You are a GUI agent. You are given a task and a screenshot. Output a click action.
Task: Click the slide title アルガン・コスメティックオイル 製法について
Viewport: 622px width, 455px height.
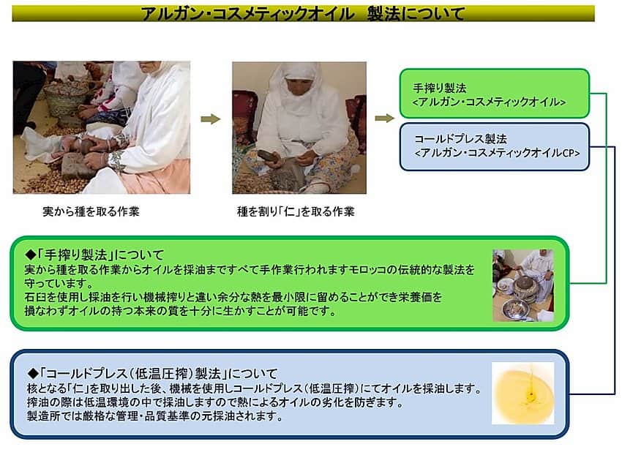[303, 14]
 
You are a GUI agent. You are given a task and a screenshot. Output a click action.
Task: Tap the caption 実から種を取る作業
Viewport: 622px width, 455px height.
[91, 211]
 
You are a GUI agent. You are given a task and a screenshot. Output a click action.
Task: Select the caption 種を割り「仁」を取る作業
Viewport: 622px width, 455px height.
[296, 211]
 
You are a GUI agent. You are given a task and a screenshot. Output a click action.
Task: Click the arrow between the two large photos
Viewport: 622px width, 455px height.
[211, 119]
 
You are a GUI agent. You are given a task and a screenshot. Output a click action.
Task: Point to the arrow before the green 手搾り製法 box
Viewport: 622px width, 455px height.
[384, 118]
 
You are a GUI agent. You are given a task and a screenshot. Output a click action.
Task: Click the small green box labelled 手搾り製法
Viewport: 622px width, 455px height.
[494, 94]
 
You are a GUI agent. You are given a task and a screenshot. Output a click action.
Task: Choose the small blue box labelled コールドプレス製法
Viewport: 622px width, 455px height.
[494, 147]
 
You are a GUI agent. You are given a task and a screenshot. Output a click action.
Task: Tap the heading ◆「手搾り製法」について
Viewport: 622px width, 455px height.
[94, 255]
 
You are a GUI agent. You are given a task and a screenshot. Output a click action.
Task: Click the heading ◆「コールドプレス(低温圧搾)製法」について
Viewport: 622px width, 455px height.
[152, 373]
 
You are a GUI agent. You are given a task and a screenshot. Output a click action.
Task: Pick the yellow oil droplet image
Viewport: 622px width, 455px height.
[522, 393]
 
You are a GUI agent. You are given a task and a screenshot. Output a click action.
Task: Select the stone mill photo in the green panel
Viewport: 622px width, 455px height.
[522, 285]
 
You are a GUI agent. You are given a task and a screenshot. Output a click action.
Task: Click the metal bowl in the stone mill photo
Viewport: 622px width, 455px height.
[515, 309]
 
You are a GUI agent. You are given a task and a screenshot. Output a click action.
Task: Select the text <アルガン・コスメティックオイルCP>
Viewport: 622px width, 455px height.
[497, 153]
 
